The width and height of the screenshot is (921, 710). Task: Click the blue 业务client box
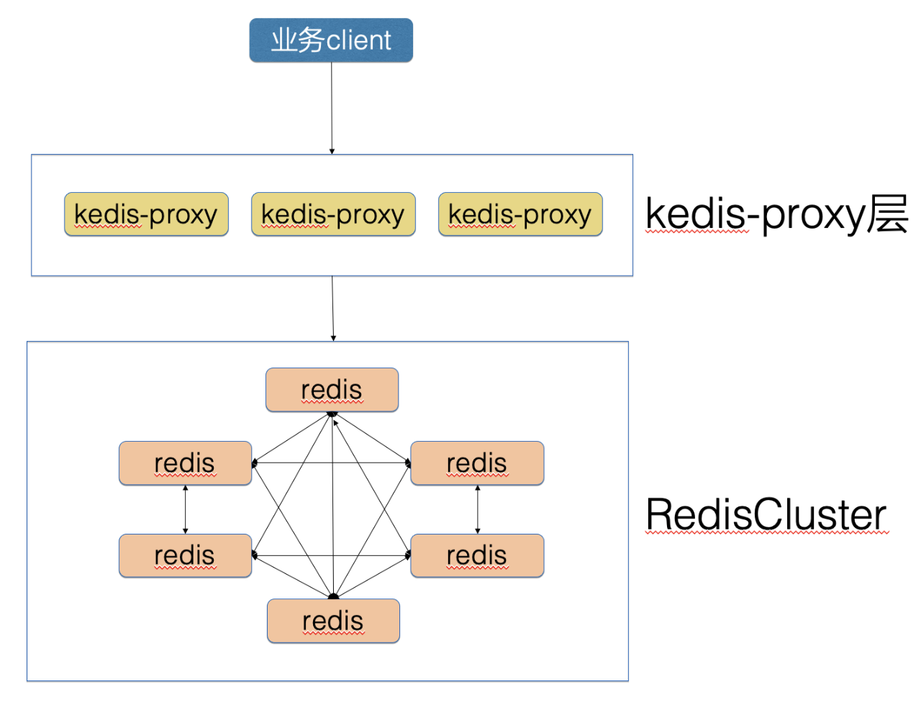pyautogui.click(x=331, y=40)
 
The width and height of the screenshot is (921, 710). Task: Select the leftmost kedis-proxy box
pyautogui.click(x=146, y=214)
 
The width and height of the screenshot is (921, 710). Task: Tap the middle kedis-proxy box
pyautogui.click(x=334, y=214)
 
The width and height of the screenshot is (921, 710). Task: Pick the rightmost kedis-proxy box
pyautogui.click(x=520, y=214)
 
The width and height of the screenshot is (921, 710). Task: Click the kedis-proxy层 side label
pyautogui.click(x=776, y=215)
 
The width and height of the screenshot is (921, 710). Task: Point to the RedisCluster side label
pyautogui.click(x=766, y=514)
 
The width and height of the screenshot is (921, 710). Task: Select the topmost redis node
pyautogui.click(x=332, y=390)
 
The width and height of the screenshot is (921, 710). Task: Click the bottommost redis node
pyautogui.click(x=333, y=621)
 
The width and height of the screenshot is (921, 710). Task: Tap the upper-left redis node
pyautogui.click(x=185, y=463)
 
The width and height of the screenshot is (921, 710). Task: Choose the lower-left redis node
pyautogui.click(x=185, y=555)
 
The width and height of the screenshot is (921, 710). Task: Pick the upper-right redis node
pyautogui.click(x=477, y=463)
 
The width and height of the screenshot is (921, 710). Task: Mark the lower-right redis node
pyautogui.click(x=477, y=555)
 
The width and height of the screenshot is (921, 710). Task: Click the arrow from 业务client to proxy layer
pyautogui.click(x=332, y=109)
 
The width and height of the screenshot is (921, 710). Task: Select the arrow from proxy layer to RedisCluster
pyautogui.click(x=332, y=309)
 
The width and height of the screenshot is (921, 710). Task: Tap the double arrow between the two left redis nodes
pyautogui.click(x=185, y=509)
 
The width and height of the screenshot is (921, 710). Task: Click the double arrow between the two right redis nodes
pyautogui.click(x=478, y=509)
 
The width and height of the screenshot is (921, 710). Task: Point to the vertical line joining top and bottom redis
pyautogui.click(x=332, y=505)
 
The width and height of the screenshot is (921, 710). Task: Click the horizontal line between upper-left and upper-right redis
pyautogui.click(x=332, y=463)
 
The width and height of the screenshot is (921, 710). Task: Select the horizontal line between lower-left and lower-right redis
pyautogui.click(x=332, y=555)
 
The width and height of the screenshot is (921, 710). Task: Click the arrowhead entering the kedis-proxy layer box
pyautogui.click(x=332, y=152)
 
